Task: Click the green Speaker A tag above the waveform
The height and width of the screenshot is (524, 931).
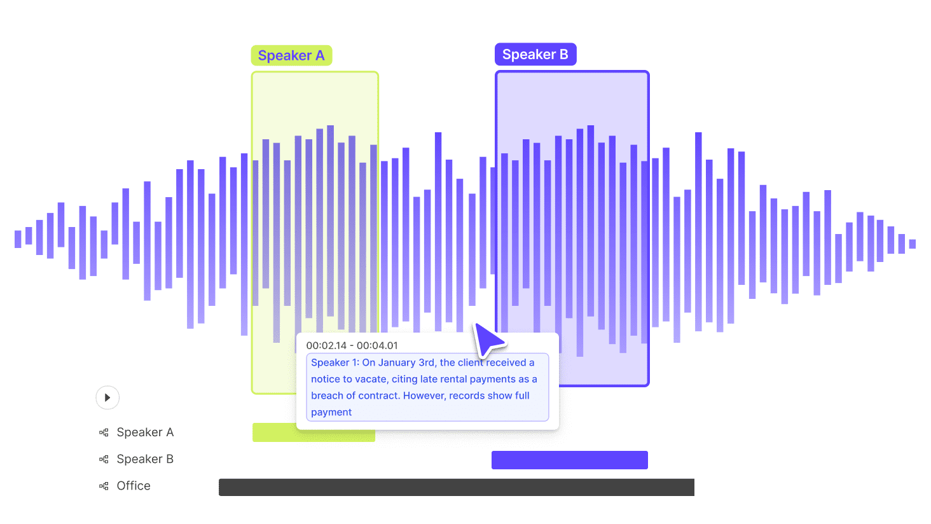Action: pos(291,56)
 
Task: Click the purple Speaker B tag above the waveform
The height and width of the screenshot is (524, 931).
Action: pos(535,55)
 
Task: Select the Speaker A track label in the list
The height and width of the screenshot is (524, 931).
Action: pos(145,432)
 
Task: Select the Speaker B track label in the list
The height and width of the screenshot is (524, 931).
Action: pos(145,459)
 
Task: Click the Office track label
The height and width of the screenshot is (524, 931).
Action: pos(134,486)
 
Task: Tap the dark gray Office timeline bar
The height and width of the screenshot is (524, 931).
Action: pos(456,487)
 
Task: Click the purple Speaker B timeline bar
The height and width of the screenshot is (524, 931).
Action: pos(569,460)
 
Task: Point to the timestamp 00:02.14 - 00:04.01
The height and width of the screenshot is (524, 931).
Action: pos(352,345)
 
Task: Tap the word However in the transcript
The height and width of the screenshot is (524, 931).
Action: pos(424,396)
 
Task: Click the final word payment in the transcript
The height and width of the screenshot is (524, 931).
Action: pos(331,412)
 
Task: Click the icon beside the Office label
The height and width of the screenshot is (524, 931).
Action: pos(104,486)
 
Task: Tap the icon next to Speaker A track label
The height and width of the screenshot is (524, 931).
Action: pos(104,432)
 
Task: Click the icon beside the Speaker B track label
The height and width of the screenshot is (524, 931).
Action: pos(104,459)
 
